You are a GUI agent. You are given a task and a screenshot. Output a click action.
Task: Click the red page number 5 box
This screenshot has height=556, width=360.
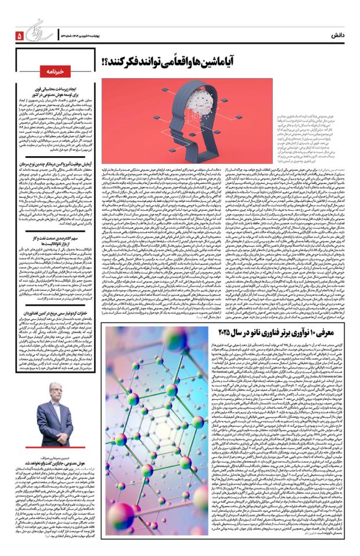[20, 36]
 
